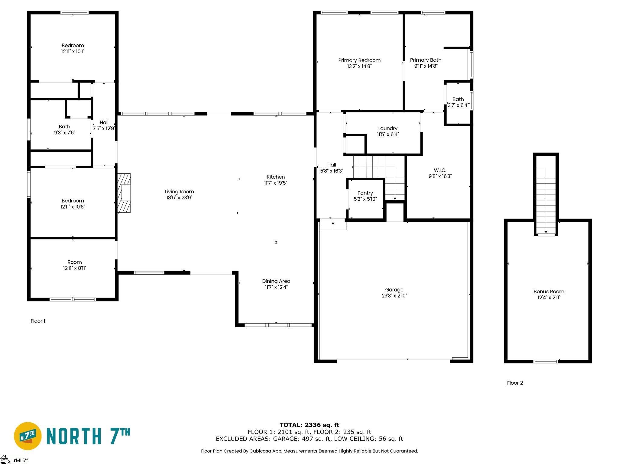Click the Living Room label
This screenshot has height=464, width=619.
tap(179, 192)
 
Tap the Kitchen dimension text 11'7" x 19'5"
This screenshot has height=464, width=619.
tap(276, 183)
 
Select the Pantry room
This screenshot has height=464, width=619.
tap(365, 199)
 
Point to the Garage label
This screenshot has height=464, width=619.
tap(394, 290)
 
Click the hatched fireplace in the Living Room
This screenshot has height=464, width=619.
tap(124, 193)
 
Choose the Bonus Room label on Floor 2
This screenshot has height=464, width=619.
tap(549, 292)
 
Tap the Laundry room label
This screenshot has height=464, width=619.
tap(388, 128)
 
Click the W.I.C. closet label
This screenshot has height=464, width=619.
tap(440, 170)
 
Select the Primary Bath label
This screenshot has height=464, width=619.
tap(426, 60)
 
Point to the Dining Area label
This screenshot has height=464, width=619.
tap(276, 281)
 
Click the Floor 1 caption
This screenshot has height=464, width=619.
tap(38, 321)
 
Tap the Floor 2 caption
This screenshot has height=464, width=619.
tap(515, 383)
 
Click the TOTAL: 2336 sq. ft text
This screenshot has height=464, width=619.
tap(309, 425)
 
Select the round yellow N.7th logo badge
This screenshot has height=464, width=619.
tap(28, 436)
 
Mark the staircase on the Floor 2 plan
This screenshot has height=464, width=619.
tap(546, 200)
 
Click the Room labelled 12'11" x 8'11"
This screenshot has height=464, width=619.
tap(75, 265)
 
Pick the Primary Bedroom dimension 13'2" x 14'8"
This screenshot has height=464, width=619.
tap(359, 66)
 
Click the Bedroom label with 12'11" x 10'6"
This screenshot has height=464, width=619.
tap(73, 204)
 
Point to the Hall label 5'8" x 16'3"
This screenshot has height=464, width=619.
tap(332, 168)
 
